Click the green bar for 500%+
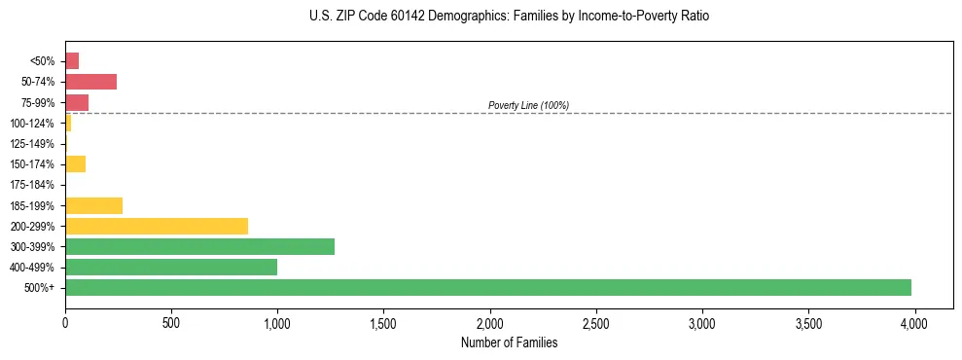pos(487,287)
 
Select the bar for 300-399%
pos(199,246)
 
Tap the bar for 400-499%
pos(171,267)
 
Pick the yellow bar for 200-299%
pos(157,226)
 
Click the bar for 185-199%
pos(93,205)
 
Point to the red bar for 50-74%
pos(90,82)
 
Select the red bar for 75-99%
pos(77,102)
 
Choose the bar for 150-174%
pos(75,163)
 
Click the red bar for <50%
pos(72,61)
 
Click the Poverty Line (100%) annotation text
pos(528,105)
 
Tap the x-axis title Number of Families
pos(509,342)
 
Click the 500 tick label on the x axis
pos(171,322)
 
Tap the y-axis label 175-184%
pos(32,185)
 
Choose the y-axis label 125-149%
pos(32,144)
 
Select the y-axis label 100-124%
pos(32,124)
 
